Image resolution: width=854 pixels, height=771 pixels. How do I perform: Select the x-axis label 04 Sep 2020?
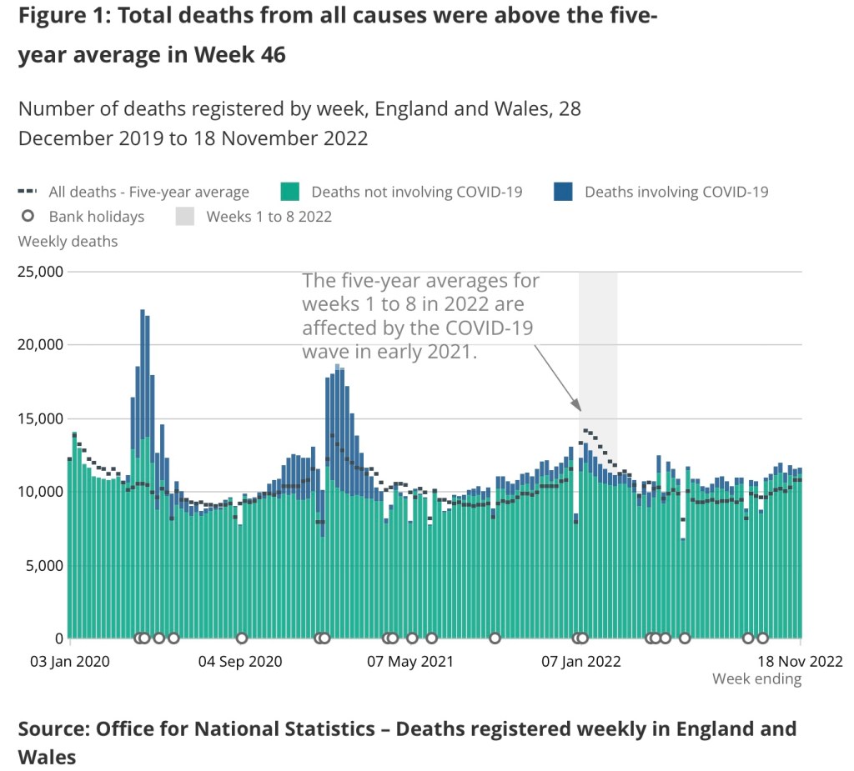point(241,662)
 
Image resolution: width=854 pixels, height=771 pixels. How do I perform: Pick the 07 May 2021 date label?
point(410,662)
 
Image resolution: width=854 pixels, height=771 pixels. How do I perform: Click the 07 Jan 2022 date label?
point(581,662)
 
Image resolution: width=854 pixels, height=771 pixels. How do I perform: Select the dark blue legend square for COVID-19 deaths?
point(562,192)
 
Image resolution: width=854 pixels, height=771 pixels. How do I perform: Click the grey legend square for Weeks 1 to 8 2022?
point(184,217)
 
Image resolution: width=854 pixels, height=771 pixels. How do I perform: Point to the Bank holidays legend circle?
point(28,217)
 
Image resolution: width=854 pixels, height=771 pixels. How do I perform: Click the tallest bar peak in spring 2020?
point(143,312)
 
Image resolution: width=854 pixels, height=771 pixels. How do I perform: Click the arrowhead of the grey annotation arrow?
point(577,408)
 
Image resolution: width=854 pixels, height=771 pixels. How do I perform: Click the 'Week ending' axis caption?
point(756,679)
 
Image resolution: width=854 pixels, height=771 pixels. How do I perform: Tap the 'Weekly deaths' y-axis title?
point(68,242)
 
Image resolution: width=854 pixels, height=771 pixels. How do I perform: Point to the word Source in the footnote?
point(51,729)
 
